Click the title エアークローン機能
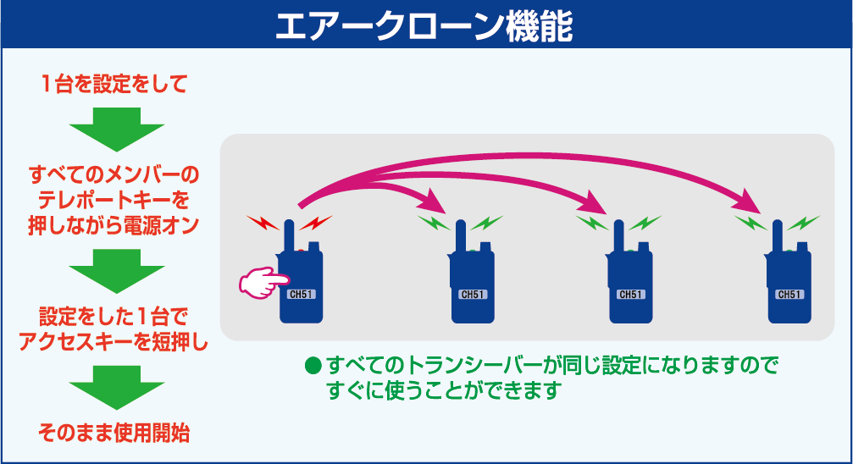pyautogui.click(x=424, y=25)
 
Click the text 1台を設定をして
pyautogui.click(x=115, y=84)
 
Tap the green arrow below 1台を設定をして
pyautogui.click(x=116, y=129)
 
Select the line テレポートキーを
pyautogui.click(x=114, y=200)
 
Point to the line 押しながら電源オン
pyautogui.click(x=114, y=225)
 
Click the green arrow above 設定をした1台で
pyautogui.click(x=116, y=271)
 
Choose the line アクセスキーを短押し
pyautogui.click(x=114, y=342)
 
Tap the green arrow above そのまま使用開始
pyautogui.click(x=116, y=387)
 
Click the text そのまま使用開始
pyautogui.click(x=114, y=433)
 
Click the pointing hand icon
pyautogui.click(x=263, y=282)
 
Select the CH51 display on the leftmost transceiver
pyautogui.click(x=302, y=295)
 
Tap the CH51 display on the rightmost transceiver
pyautogui.click(x=789, y=295)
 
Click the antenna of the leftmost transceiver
pyautogui.click(x=289, y=236)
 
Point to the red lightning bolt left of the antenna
pyautogui.click(x=263, y=223)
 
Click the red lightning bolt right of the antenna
pyautogui.click(x=315, y=223)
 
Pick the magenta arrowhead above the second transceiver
pyautogui.click(x=433, y=202)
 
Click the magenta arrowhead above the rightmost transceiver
pyautogui.click(x=748, y=202)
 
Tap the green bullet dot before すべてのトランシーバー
pyautogui.click(x=313, y=366)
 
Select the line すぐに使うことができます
pyautogui.click(x=444, y=390)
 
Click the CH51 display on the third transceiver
pyautogui.click(x=631, y=295)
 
